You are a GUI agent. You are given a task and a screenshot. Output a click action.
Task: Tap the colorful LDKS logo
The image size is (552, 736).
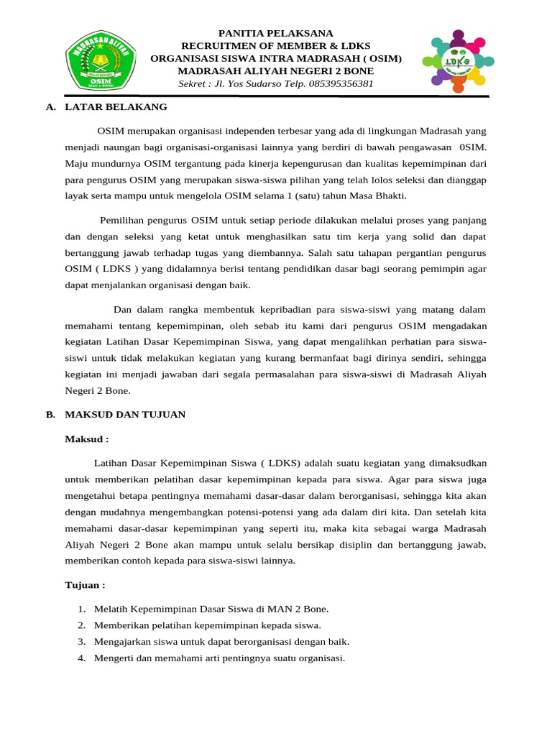(x=458, y=60)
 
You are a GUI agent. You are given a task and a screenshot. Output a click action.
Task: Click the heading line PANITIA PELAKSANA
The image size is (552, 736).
(x=276, y=33)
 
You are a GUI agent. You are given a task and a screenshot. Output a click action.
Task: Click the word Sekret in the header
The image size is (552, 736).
(x=193, y=83)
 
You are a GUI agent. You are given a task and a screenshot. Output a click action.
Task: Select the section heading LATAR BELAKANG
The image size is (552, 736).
(x=116, y=107)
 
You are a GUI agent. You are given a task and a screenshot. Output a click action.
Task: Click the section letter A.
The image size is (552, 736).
(x=50, y=107)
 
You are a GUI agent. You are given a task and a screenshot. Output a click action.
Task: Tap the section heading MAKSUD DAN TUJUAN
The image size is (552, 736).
(x=125, y=415)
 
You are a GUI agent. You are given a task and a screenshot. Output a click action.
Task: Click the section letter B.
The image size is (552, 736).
(x=50, y=415)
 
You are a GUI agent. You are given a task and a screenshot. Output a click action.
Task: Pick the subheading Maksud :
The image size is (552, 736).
(x=87, y=438)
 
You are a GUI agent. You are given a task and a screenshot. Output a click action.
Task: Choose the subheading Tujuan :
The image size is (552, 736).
(x=86, y=585)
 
